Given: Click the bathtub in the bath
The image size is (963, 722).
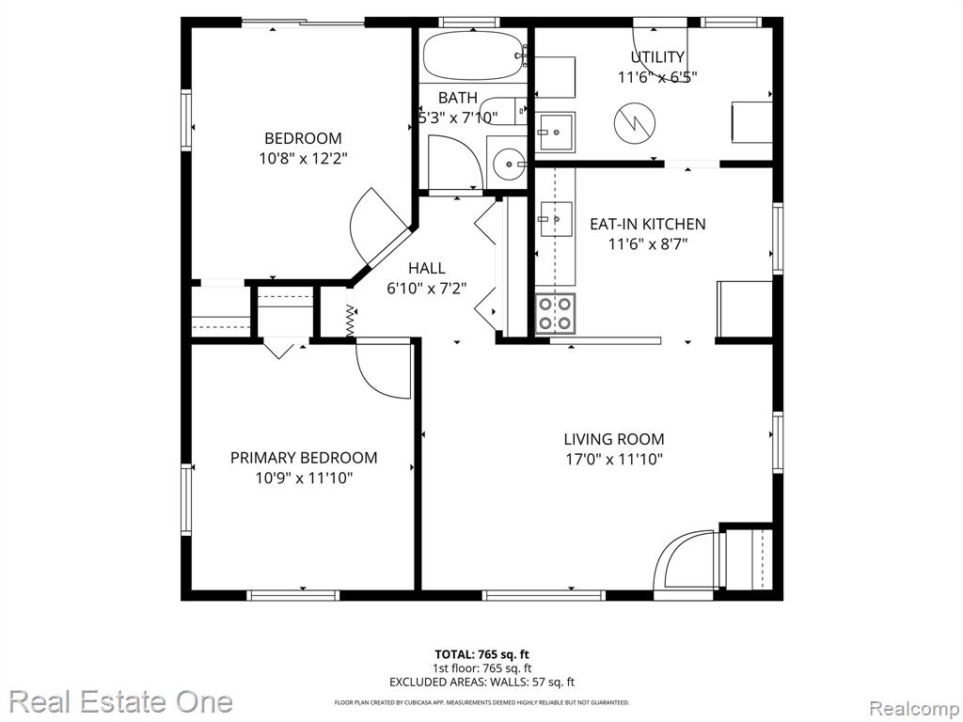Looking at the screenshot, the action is coord(473,55).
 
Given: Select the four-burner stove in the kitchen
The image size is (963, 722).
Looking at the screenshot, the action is coord(555,313).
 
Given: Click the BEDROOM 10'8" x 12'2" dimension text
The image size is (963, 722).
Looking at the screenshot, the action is coord(304,158).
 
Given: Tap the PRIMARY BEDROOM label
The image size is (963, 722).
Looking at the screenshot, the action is coord(304,458).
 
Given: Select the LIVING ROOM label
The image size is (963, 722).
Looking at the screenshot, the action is coord(614,439).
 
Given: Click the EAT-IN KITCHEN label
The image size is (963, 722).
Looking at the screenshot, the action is coord(647,224).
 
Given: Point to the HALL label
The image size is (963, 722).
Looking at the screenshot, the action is coord(427,268).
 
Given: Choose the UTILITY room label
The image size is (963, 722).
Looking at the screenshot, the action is coord(657,57).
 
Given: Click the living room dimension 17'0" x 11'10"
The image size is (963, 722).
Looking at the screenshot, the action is coord(614,459).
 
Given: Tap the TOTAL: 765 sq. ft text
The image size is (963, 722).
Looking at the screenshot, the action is coord(481,654).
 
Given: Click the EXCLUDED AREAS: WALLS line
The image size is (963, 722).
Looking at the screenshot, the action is coord(481,682).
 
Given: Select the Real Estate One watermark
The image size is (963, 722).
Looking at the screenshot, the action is coord(121,701).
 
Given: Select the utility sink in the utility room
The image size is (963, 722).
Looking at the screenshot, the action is coord(555,132).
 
